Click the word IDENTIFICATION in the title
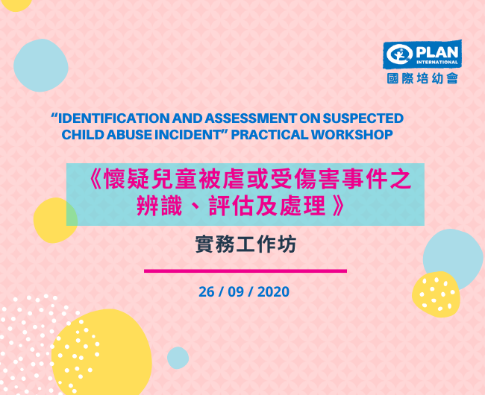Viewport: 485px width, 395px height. (114, 118)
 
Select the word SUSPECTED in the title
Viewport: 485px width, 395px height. (363, 118)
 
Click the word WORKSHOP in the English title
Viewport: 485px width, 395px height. (352, 135)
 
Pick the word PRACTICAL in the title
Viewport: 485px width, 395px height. (269, 135)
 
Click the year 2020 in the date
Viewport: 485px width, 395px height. (273, 292)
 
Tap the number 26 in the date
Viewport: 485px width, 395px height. (206, 292)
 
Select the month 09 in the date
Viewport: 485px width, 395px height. (236, 292)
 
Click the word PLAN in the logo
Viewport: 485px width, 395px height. (436, 52)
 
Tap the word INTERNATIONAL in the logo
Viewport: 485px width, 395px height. (436, 62)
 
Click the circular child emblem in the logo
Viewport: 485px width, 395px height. (399, 54)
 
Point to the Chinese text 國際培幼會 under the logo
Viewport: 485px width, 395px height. (422, 78)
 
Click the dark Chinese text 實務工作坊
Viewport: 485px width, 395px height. (246, 244)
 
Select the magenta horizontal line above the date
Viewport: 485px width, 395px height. (245, 271)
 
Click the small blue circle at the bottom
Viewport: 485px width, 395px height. (178, 358)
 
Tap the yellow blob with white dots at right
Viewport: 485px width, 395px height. (436, 294)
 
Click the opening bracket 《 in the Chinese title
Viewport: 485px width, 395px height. (94, 180)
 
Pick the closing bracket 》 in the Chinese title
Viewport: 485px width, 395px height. (338, 206)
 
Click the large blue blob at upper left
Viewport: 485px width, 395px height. (41, 65)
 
